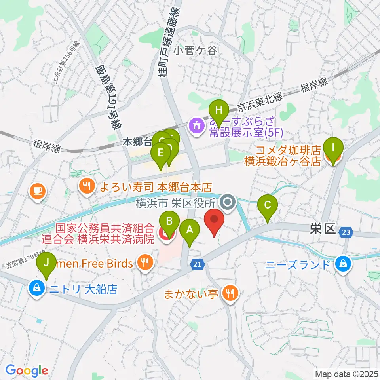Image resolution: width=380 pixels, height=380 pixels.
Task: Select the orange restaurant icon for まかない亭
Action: click(230, 293)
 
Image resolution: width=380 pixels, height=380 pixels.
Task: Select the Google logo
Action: click(27, 371)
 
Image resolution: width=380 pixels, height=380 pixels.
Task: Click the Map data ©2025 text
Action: click(346, 374)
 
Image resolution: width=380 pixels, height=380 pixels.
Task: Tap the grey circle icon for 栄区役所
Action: click(228, 203)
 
